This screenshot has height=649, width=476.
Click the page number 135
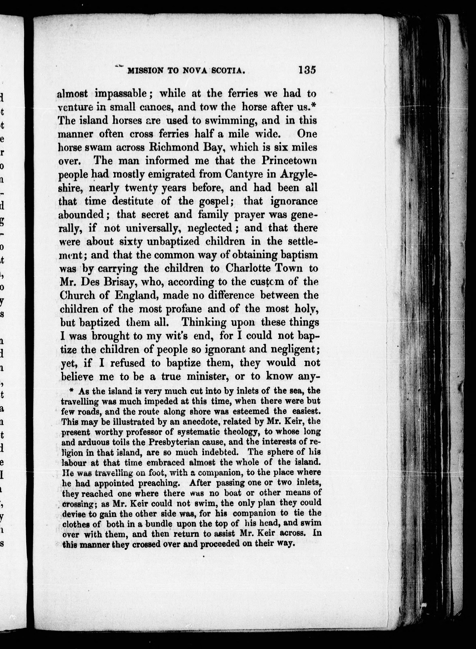(x=307, y=70)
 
